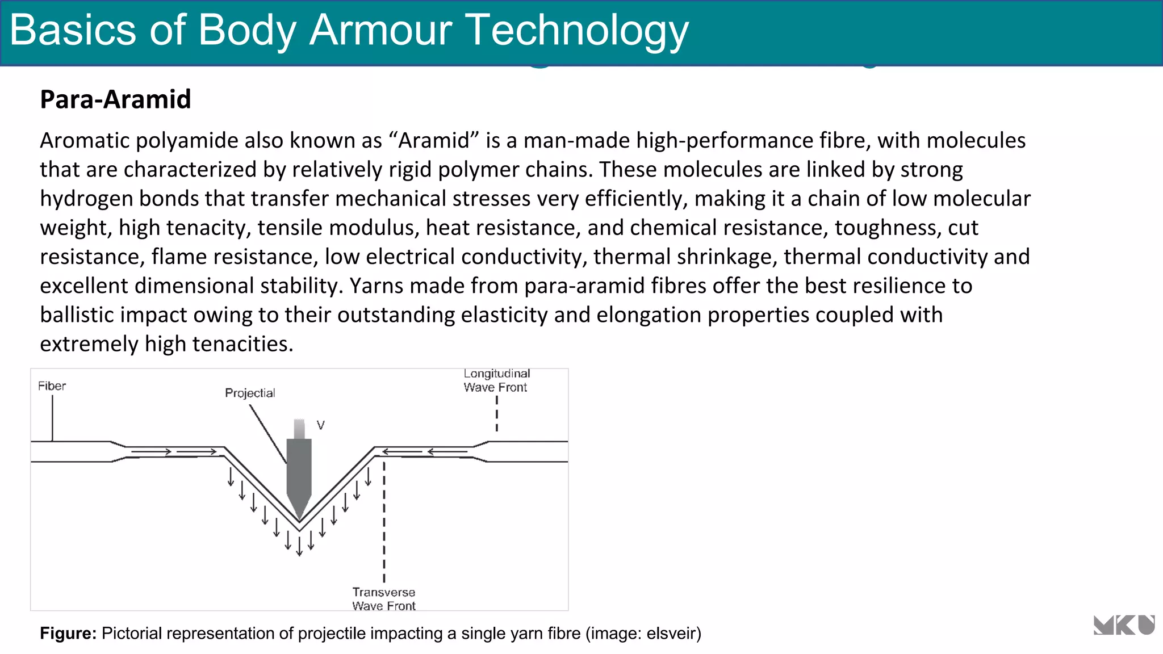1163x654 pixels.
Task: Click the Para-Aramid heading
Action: tap(115, 99)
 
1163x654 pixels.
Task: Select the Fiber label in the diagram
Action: tap(52, 386)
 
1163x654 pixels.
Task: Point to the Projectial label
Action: tap(250, 393)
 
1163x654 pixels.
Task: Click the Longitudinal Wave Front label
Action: tap(496, 380)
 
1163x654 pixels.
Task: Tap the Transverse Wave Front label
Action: tap(384, 599)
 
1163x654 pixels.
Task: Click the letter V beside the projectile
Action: tap(321, 425)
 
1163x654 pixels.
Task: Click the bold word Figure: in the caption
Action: tap(68, 633)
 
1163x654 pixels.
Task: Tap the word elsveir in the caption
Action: tap(671, 633)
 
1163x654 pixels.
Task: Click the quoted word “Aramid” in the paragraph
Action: tap(434, 140)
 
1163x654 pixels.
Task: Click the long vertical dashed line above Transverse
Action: tap(384, 522)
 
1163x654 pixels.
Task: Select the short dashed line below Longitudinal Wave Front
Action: tap(497, 413)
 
